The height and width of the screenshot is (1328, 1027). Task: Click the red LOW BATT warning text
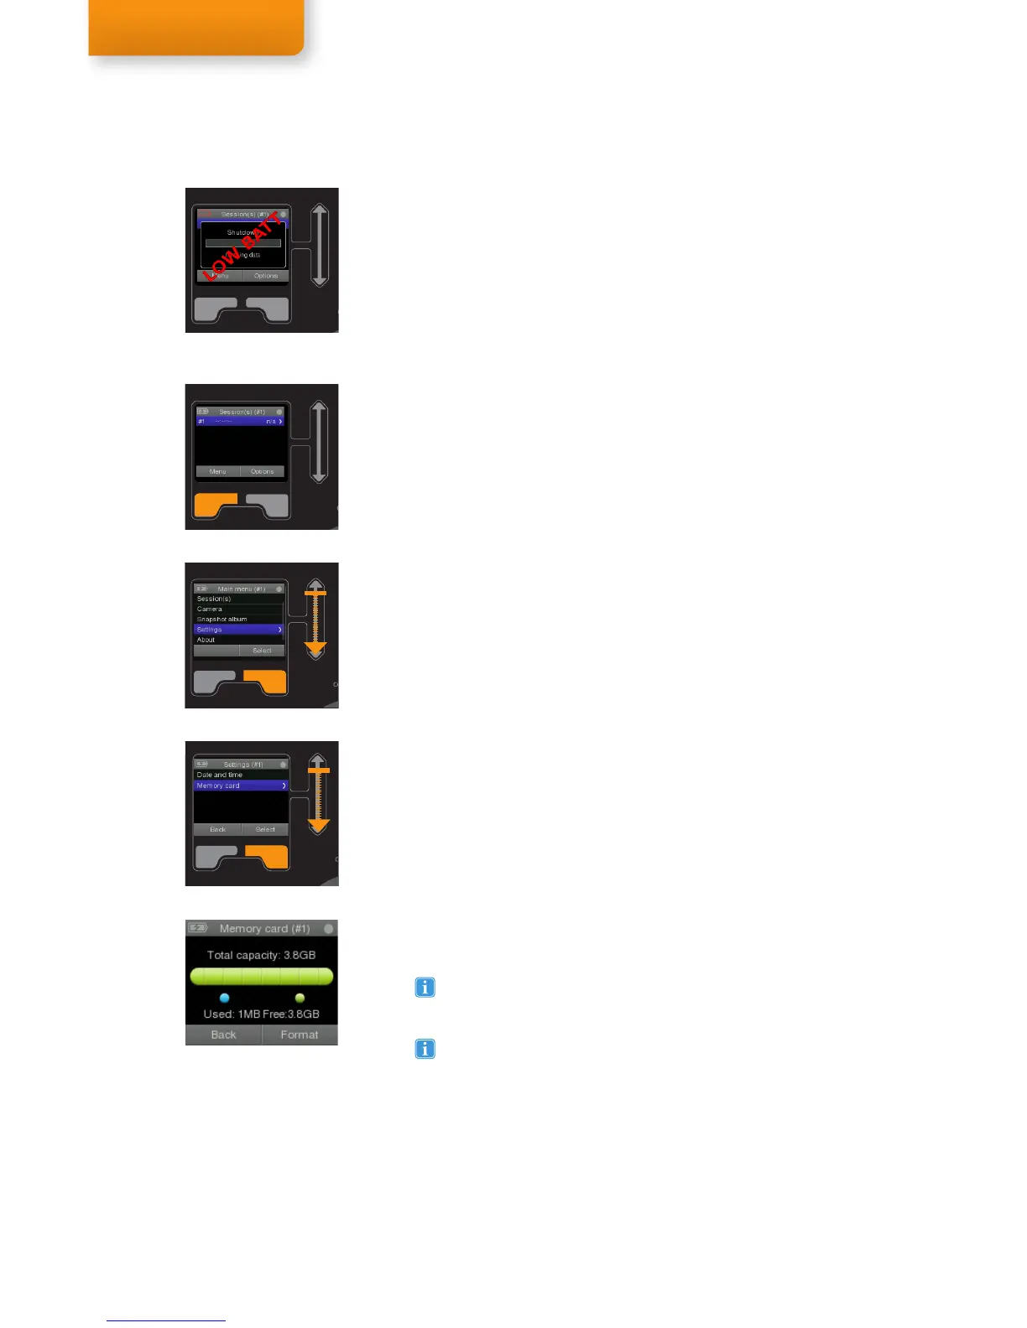tap(242, 246)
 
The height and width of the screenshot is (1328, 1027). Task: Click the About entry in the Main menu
tap(206, 640)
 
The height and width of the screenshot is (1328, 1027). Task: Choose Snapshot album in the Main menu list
tap(222, 620)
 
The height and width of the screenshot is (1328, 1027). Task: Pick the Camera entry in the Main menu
tap(210, 610)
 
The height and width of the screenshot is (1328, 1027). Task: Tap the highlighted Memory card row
tap(241, 786)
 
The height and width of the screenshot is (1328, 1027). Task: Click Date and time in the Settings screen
tap(220, 775)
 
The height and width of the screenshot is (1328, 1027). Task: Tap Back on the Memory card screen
tap(223, 1035)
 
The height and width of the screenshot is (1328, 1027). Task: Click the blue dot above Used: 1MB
tap(224, 998)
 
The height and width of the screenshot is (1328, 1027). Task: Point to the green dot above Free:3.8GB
tap(300, 998)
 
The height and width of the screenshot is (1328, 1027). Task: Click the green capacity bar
tap(262, 976)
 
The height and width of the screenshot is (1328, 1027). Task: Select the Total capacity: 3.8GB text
tap(262, 955)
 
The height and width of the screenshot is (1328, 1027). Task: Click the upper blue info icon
tap(425, 988)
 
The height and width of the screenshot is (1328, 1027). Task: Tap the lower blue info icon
tap(425, 1049)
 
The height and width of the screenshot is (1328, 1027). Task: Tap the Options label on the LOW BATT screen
tap(266, 276)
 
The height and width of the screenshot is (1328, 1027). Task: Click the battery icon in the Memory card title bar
tap(198, 928)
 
